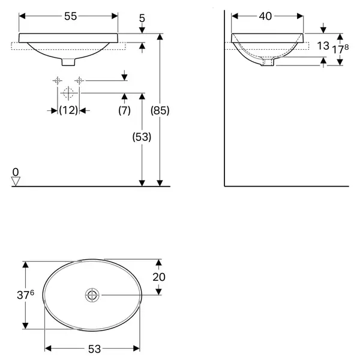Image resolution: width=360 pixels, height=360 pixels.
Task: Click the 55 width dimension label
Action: [x=70, y=16]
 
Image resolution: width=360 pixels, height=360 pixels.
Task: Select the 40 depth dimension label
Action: [x=265, y=16]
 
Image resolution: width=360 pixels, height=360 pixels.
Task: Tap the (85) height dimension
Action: [x=160, y=110]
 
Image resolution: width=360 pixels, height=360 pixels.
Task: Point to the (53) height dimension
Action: [x=142, y=137]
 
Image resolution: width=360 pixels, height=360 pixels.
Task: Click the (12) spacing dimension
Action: [x=68, y=110]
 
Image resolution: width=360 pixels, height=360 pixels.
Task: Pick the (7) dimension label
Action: [x=124, y=110]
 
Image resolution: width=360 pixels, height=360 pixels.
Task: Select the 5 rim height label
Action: [x=142, y=19]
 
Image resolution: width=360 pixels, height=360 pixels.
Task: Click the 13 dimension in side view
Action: [x=323, y=46]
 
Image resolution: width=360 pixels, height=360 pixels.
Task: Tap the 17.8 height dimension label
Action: [x=341, y=49]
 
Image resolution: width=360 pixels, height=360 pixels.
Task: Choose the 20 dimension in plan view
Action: [x=159, y=277]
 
